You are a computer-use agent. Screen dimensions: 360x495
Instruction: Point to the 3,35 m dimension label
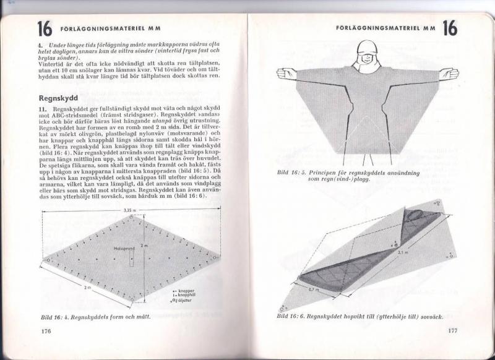coord(128,210)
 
